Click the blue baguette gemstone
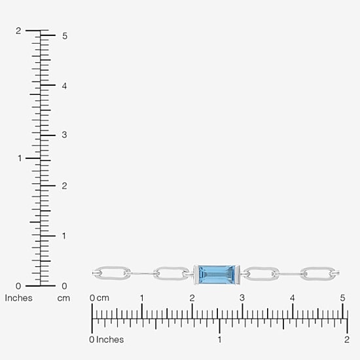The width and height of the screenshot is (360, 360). coord(216,274)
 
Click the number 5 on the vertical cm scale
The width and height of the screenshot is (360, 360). coord(65,36)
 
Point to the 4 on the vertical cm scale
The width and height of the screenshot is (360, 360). coord(64,86)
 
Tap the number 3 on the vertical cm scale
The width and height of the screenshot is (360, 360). coord(64,135)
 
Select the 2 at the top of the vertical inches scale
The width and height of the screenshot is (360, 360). coord(18,31)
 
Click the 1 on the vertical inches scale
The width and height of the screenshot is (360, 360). coord(20,158)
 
